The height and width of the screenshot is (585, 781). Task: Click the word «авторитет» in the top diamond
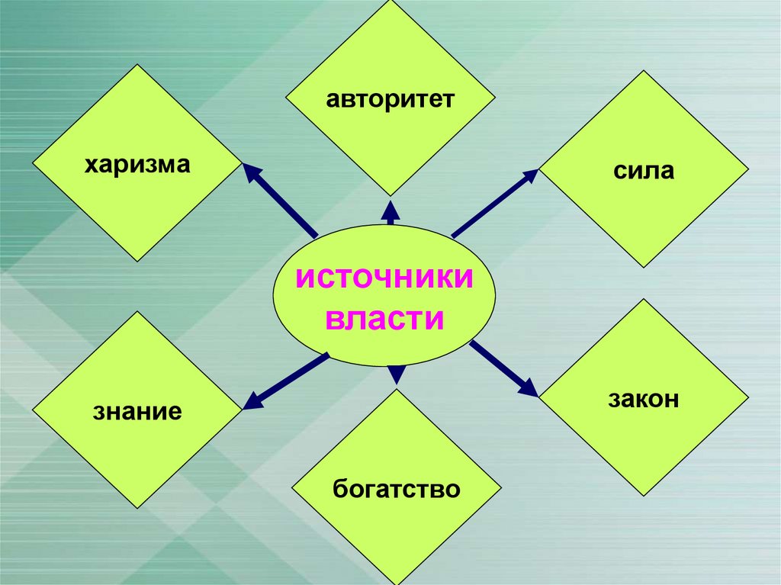click(x=390, y=100)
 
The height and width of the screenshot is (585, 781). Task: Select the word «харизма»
click(x=137, y=164)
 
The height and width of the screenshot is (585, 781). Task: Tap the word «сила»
click(x=643, y=170)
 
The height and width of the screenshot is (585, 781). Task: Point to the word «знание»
click(x=137, y=413)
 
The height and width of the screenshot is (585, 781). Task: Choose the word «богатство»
click(x=397, y=488)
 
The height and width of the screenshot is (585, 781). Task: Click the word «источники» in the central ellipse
click(x=384, y=278)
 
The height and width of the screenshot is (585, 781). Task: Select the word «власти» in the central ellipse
click(x=384, y=318)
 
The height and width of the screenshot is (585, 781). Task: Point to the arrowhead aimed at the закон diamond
click(x=528, y=388)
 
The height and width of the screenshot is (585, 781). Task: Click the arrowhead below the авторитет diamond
click(x=390, y=210)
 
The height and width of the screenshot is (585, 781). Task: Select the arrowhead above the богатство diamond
click(x=397, y=373)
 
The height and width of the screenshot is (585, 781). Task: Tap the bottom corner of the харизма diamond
click(x=137, y=261)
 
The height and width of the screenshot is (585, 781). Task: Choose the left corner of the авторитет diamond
click(x=285, y=98)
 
